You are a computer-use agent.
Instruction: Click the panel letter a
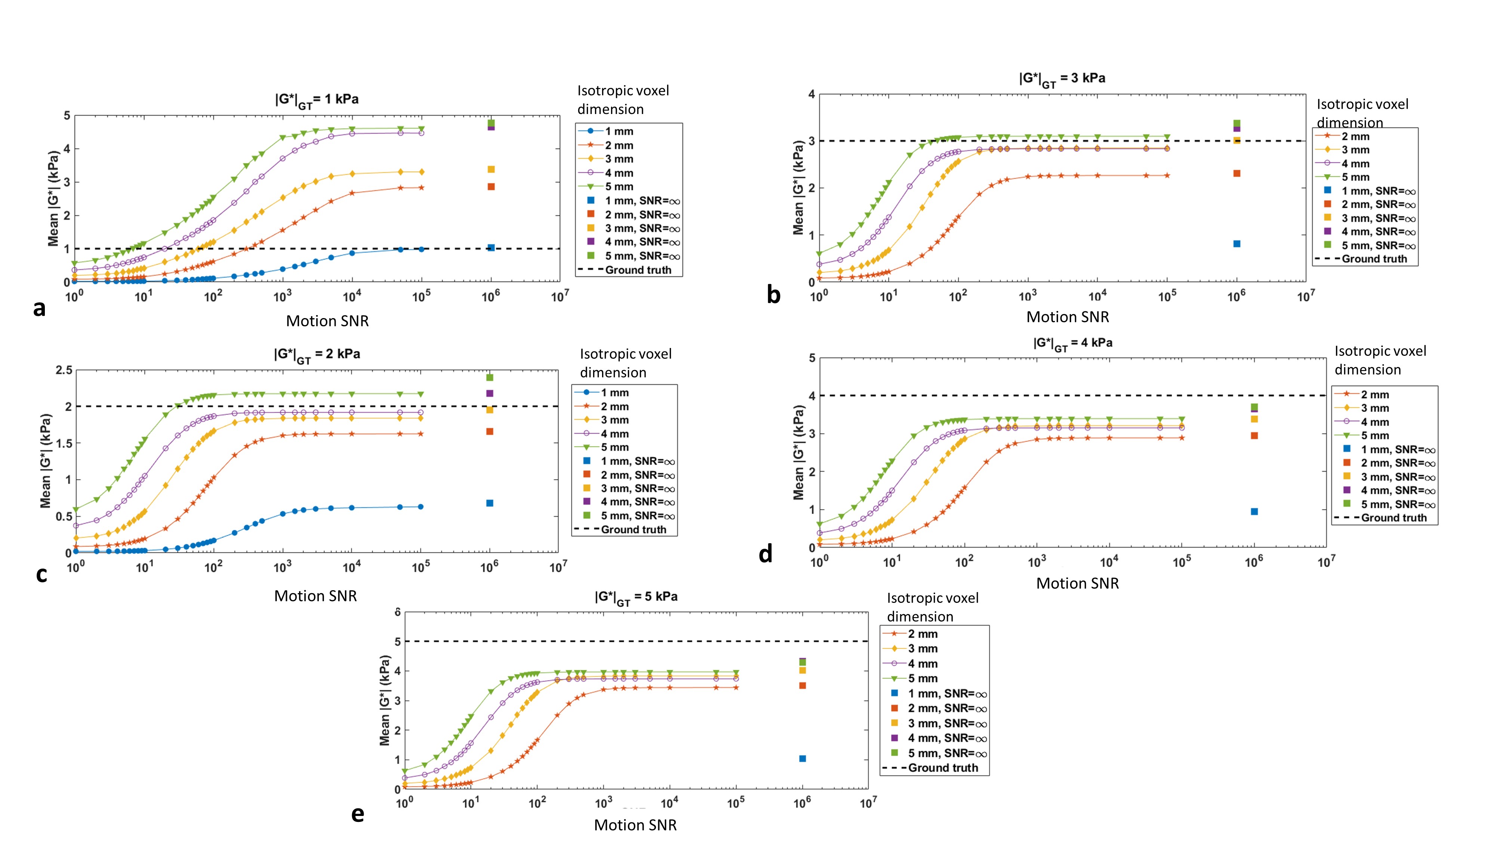click(39, 309)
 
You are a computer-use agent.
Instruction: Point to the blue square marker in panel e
click(802, 759)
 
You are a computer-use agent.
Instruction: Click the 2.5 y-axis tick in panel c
click(64, 370)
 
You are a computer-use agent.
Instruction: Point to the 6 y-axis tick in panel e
click(398, 612)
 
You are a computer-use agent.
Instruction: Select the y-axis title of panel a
click(53, 198)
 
